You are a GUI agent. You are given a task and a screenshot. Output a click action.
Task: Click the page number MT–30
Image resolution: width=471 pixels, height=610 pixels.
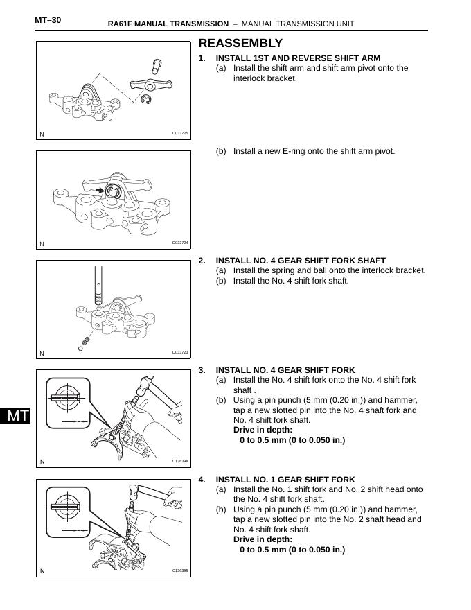pyautogui.click(x=48, y=20)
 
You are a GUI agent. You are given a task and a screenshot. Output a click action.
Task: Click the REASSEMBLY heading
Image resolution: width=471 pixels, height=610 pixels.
pyautogui.click(x=240, y=43)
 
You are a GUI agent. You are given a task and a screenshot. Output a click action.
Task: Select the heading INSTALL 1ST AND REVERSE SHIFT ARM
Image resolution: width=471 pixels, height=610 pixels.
pyautogui.click(x=298, y=58)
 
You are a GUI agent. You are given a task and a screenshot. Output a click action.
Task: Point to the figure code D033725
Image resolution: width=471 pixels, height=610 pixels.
pyautogui.click(x=180, y=133)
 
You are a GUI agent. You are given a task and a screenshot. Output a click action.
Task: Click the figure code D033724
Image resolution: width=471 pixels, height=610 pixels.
pyautogui.click(x=180, y=243)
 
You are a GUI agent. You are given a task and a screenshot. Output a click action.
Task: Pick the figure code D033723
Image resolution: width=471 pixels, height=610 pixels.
pyautogui.click(x=180, y=352)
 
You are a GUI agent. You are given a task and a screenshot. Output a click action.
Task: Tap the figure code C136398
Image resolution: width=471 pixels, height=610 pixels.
pyautogui.click(x=180, y=461)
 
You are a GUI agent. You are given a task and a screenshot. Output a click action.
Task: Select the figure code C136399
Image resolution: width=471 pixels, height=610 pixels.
pyautogui.click(x=180, y=570)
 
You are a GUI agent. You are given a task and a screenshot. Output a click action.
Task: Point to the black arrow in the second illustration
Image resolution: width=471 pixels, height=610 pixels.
pyautogui.click(x=102, y=189)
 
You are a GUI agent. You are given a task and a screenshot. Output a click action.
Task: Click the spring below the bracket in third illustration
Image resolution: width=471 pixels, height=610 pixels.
pyautogui.click(x=85, y=340)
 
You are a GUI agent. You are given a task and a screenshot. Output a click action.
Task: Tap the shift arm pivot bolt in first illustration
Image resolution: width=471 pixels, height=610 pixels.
pyautogui.click(x=157, y=67)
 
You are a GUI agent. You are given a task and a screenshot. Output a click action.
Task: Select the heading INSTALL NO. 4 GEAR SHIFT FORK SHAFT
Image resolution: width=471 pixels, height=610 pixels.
pyautogui.click(x=301, y=261)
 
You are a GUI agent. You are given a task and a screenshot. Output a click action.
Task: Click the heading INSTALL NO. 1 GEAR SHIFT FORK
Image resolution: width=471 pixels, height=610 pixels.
pyautogui.click(x=285, y=480)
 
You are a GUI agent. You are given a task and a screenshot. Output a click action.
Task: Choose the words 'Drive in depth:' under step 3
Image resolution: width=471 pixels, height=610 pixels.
pyautogui.click(x=263, y=430)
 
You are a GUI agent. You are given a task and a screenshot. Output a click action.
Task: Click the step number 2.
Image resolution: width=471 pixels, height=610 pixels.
pyautogui.click(x=202, y=261)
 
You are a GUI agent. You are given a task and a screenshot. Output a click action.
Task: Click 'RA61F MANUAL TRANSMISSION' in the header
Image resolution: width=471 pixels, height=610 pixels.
pyautogui.click(x=168, y=24)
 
